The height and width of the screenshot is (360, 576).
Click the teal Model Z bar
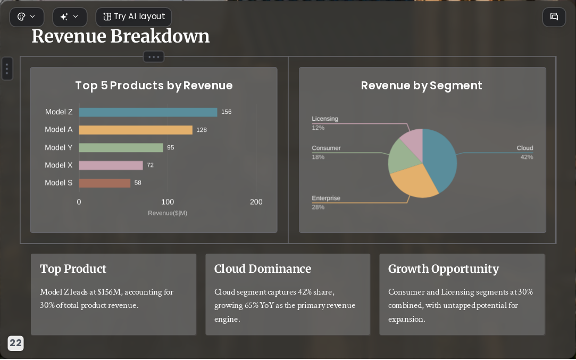(x=148, y=112)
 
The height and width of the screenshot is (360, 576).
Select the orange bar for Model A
(x=136, y=130)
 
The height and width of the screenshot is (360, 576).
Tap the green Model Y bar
(x=121, y=147)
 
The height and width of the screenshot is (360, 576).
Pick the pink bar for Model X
(x=111, y=165)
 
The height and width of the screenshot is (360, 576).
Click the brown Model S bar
(x=105, y=183)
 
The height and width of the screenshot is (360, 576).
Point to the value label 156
(x=226, y=112)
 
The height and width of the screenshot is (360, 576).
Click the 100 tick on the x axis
(x=168, y=202)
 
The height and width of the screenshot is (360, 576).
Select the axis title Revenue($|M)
(x=168, y=213)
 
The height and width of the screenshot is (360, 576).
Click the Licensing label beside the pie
(x=325, y=119)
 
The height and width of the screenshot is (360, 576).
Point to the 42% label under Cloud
(x=527, y=157)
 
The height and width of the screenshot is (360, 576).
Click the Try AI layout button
(x=133, y=17)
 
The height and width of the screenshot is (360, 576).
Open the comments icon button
(x=554, y=17)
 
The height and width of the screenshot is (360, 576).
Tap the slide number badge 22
(x=15, y=343)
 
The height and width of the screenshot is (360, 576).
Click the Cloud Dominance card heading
(x=263, y=269)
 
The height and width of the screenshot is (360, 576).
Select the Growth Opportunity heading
(x=444, y=269)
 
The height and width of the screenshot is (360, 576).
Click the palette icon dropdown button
(x=27, y=17)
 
